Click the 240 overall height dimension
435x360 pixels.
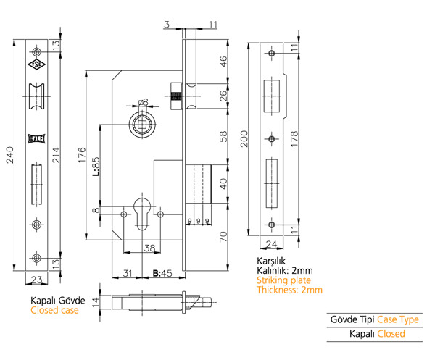pyautogui.click(x=9, y=155)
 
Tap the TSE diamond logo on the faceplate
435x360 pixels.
pyautogui.click(x=36, y=64)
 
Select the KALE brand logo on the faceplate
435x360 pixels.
pyautogui.click(x=36, y=138)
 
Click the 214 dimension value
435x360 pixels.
pyautogui.click(x=56, y=155)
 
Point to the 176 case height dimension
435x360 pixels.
pyautogui.click(x=82, y=155)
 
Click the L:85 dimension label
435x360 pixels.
pyautogui.click(x=95, y=167)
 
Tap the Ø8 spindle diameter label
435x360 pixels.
pyautogui.click(x=143, y=103)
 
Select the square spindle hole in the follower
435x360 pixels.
pyautogui.click(x=143, y=125)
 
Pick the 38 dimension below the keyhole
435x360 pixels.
pyautogui.click(x=149, y=248)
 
